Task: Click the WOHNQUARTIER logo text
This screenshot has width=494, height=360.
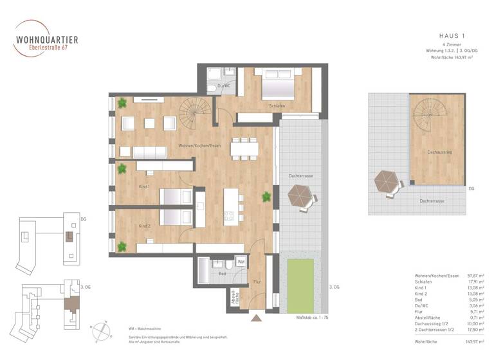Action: [46, 39]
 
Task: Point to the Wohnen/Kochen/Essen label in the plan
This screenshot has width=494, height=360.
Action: [200, 145]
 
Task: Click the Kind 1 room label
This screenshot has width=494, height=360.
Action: [144, 186]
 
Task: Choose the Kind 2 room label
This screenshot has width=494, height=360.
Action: [144, 226]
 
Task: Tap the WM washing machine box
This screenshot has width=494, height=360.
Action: [241, 262]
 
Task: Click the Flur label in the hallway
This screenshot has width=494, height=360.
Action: [257, 281]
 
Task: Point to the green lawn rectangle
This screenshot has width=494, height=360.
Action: [300, 283]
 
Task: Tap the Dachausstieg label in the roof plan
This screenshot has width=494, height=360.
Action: [437, 152]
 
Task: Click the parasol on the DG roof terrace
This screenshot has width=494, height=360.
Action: [387, 183]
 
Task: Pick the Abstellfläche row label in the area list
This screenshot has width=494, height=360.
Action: [432, 317]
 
